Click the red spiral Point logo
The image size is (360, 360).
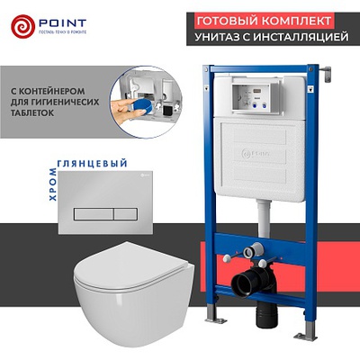click(x=22, y=25)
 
